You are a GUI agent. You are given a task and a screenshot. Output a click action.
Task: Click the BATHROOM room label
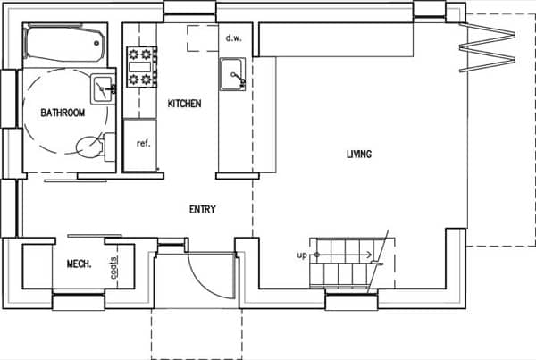(63, 113)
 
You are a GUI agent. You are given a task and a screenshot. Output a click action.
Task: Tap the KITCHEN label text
(184, 104)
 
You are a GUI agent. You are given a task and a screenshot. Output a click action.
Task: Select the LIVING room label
(359, 155)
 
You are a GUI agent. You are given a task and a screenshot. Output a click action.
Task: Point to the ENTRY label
(203, 209)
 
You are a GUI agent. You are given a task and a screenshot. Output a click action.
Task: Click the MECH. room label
(79, 264)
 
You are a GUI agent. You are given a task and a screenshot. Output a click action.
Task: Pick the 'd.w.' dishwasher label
(233, 38)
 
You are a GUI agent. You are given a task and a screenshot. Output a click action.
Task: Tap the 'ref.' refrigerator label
(144, 143)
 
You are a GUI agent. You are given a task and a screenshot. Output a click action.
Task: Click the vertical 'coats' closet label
(114, 267)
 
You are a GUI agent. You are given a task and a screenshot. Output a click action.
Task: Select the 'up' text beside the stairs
(302, 255)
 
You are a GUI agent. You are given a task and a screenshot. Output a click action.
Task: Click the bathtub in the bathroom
(64, 45)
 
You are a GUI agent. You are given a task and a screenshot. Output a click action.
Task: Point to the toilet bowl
(89, 147)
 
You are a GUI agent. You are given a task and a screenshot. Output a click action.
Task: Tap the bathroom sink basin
(102, 89)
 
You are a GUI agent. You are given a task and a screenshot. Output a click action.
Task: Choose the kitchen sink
(232, 74)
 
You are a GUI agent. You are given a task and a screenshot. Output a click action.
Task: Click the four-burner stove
(141, 67)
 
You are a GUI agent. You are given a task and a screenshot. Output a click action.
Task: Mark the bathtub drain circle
(96, 43)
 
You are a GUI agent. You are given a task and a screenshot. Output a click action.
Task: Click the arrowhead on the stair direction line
(369, 255)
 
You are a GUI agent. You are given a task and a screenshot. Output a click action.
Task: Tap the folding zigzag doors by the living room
(487, 47)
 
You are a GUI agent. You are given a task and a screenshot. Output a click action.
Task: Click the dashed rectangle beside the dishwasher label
(203, 38)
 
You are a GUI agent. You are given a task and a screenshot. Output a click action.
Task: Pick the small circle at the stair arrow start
(316, 255)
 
